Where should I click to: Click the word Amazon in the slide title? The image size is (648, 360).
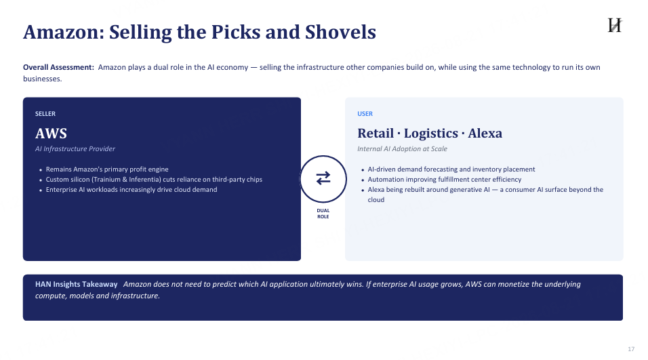coord(64,33)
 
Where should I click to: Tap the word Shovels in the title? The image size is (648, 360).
coord(340,33)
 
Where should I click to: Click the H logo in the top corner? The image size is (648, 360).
coord(615,25)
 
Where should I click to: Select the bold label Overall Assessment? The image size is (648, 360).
coord(59,67)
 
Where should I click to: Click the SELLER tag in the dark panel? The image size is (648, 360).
coord(45,114)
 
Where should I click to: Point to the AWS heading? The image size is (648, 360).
coord(52,134)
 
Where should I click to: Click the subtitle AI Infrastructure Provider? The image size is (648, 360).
coord(75,148)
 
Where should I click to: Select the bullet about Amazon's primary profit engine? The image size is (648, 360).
coord(107,169)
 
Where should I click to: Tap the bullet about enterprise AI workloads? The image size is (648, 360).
coord(131,190)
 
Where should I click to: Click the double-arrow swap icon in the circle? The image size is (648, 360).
coord(323,178)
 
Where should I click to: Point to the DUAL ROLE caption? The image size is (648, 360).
coord(323,214)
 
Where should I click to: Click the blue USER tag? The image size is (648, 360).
coord(365,114)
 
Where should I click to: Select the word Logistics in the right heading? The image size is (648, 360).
coord(431,134)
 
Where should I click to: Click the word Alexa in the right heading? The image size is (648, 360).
coord(485,134)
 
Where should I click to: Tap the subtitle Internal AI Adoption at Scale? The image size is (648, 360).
coord(402,148)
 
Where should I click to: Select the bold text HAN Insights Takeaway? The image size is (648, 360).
coord(77,284)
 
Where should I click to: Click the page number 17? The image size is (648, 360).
coord(631,349)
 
